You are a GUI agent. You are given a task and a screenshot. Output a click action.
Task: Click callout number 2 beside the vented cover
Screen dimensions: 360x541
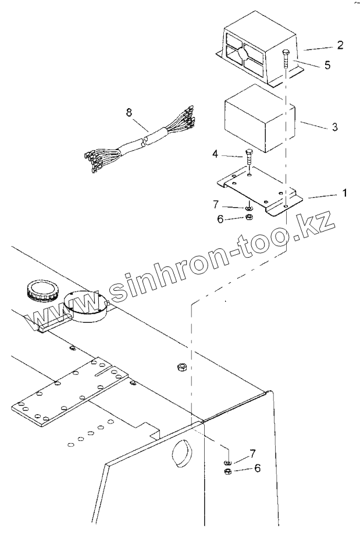pyautogui.click(x=340, y=45)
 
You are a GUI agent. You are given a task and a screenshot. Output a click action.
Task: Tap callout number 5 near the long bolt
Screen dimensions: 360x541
pyautogui.click(x=327, y=65)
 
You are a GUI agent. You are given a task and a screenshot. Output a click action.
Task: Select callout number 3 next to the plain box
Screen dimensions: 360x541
pyautogui.click(x=334, y=126)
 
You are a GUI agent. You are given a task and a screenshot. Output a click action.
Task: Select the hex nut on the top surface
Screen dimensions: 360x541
pyautogui.click(x=181, y=368)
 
